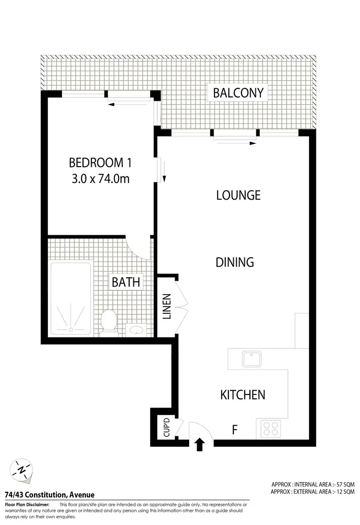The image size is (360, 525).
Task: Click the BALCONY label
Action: click(239, 93)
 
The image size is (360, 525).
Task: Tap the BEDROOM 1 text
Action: click(100, 163)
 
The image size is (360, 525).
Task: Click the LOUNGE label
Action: click(238, 195)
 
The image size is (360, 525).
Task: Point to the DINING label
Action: click(234, 262)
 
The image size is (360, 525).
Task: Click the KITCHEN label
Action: click(242, 395)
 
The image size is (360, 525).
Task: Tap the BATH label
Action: click(126, 282)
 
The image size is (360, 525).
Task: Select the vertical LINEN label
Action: click(167, 306)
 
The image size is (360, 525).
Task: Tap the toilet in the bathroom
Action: click(109, 321)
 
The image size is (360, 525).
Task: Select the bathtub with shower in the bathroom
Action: click(71, 298)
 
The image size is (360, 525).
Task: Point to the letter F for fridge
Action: click(235, 430)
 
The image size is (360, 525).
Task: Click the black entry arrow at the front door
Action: click(200, 445)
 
